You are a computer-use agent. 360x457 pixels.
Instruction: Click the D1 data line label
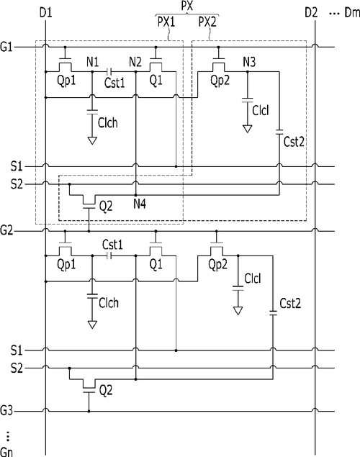point(46,13)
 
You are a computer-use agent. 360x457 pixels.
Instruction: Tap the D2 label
point(311,13)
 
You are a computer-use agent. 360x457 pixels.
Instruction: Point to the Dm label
point(352,13)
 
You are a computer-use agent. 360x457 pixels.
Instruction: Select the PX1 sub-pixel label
point(166,22)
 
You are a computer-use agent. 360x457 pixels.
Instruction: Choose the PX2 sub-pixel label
point(207,22)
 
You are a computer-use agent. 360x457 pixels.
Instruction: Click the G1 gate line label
point(6,47)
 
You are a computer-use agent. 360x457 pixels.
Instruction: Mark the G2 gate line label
point(6,231)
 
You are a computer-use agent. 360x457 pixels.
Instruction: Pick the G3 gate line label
point(6,411)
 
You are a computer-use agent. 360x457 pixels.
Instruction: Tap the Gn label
point(6,452)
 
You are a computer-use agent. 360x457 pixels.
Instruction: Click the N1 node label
point(92,62)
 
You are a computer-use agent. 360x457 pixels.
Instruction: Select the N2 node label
point(135,62)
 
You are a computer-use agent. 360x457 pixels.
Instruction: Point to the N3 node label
point(249,62)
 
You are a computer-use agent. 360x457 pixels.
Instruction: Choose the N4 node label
point(140,204)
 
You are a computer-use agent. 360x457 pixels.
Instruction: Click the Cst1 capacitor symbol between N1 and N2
point(109,71)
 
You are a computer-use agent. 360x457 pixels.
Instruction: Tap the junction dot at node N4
point(135,195)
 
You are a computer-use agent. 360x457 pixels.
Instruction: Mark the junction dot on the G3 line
point(89,411)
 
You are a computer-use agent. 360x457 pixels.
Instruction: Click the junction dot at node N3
point(248,71)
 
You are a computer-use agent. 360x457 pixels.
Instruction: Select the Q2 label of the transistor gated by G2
point(106,207)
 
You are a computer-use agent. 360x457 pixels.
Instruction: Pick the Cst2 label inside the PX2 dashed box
point(294,142)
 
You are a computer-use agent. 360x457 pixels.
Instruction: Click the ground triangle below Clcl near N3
point(248,129)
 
